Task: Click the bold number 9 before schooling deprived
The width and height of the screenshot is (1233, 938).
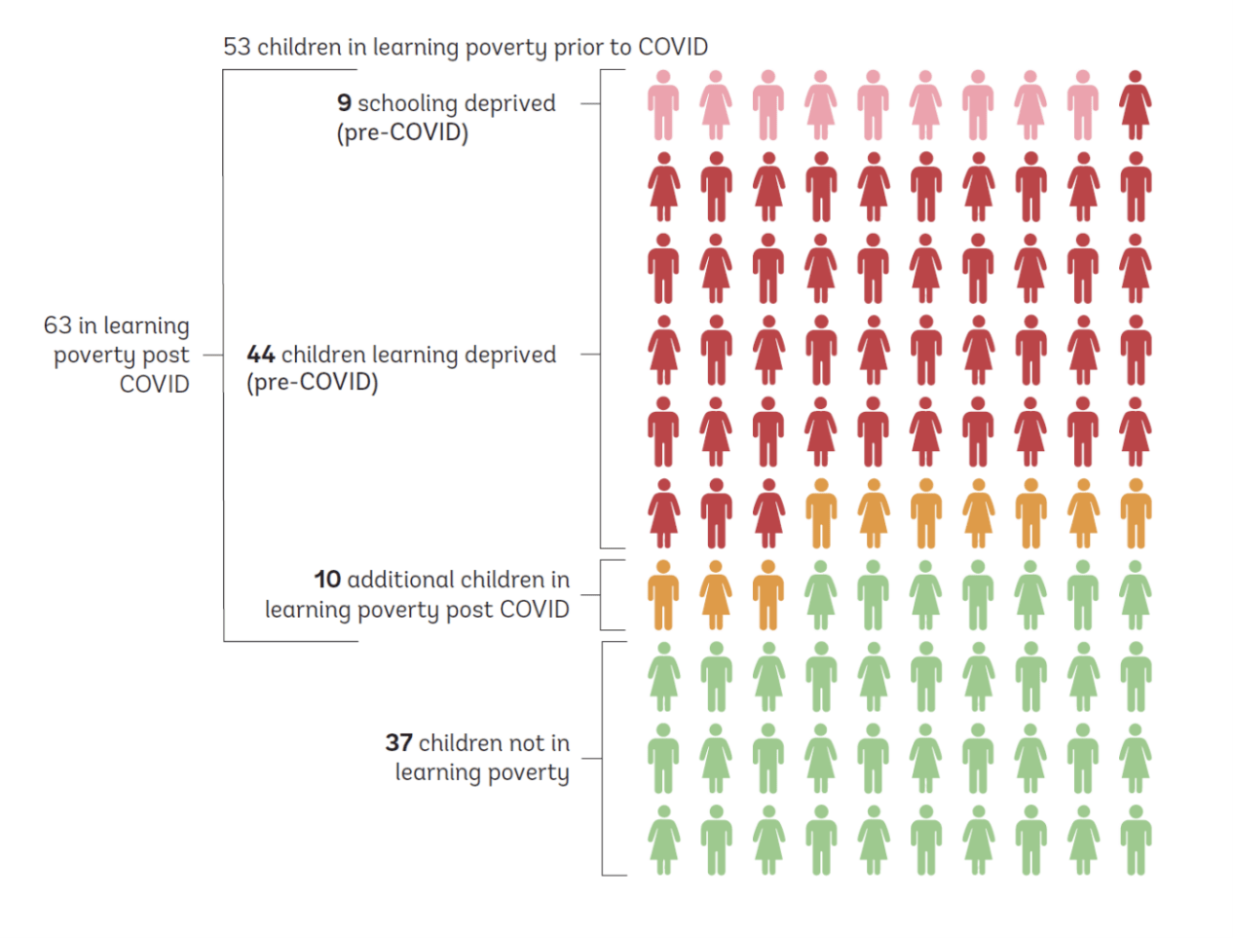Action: point(344,103)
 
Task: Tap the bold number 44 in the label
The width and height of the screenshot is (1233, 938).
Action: point(260,355)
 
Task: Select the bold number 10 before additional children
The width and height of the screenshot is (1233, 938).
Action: point(327,580)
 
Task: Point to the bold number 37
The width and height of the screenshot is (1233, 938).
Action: point(398,743)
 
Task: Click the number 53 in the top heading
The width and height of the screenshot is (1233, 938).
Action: point(237,47)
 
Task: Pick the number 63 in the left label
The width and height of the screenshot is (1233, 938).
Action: point(57,325)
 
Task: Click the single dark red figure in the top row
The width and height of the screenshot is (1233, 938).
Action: point(1135,105)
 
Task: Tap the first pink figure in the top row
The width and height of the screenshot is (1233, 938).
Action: point(663,105)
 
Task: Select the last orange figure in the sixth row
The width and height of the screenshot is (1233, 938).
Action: point(1135,513)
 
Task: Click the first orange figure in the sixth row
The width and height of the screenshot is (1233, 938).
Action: point(821,513)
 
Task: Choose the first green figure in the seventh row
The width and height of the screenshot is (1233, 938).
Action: point(821,595)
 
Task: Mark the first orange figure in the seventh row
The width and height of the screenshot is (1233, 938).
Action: point(663,595)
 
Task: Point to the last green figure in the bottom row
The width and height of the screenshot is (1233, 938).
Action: point(1135,841)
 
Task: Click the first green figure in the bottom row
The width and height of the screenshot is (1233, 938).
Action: point(663,841)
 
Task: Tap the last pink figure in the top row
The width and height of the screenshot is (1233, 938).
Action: point(1082,105)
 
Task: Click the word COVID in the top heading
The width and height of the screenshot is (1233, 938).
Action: point(673,47)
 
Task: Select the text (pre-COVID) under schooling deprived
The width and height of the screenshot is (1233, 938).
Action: point(402,132)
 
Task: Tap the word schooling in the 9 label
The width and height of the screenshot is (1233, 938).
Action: point(407,103)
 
